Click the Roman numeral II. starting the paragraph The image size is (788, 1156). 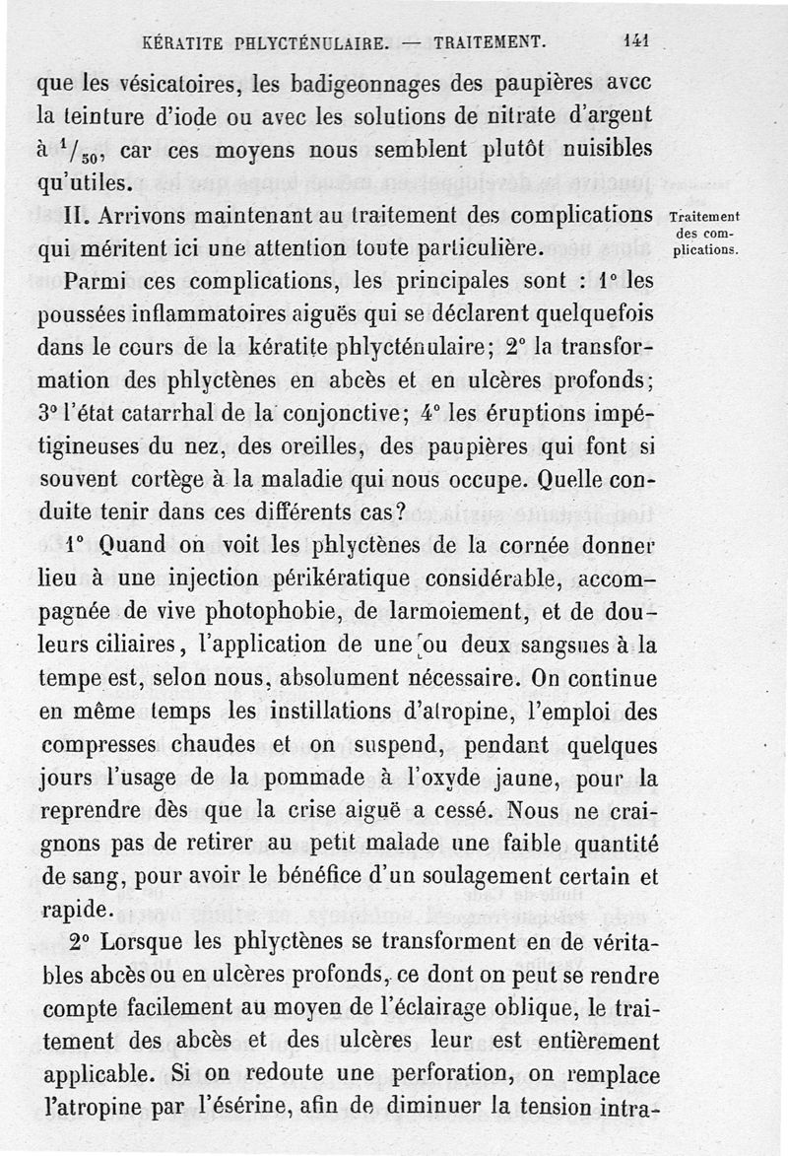pyautogui.click(x=76, y=214)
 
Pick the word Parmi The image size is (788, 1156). pyautogui.click(x=94, y=281)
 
